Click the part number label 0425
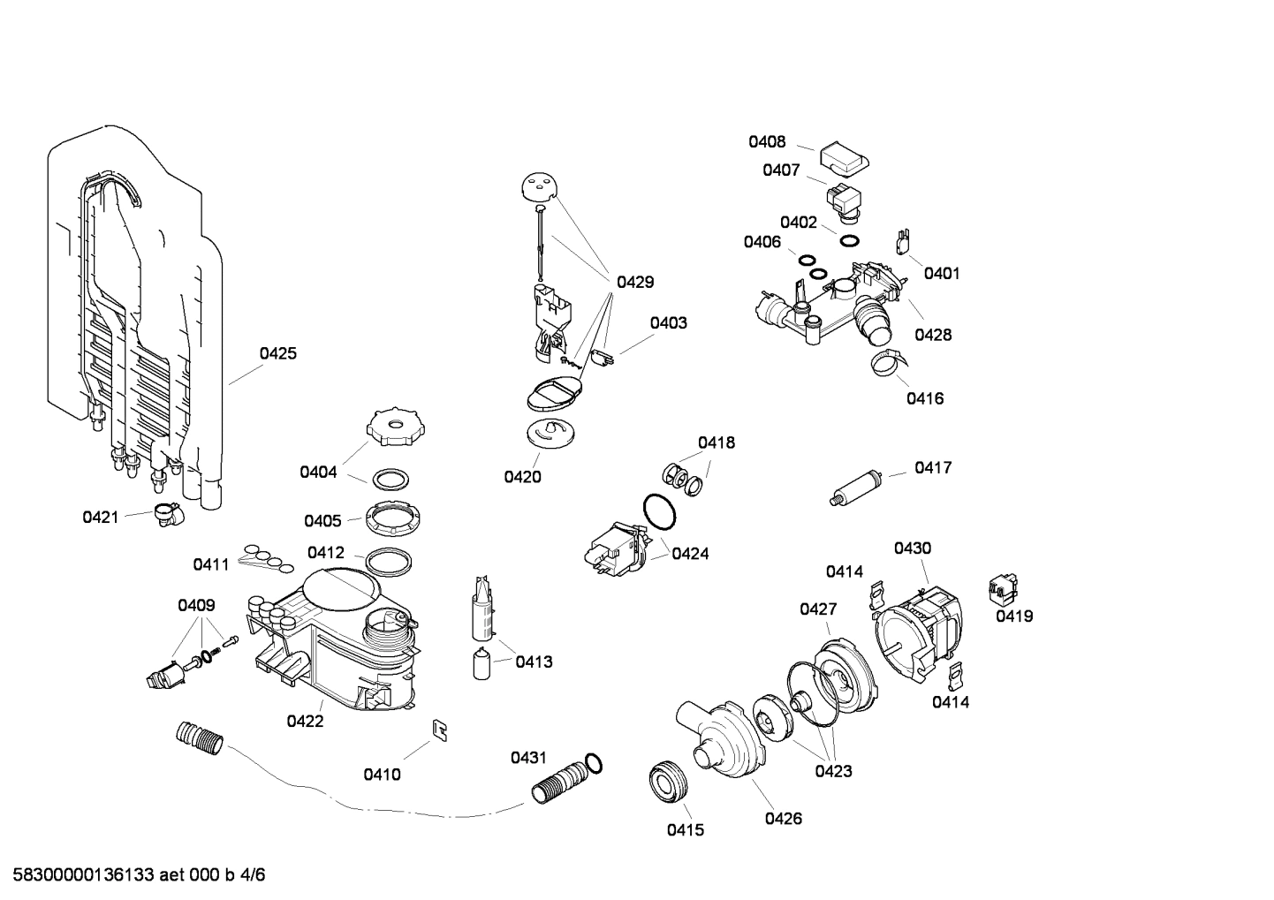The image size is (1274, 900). (277, 353)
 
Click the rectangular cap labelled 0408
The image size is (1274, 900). (845, 158)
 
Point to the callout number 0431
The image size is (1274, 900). (528, 758)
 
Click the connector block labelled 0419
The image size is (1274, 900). (1003, 586)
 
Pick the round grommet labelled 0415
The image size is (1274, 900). (669, 783)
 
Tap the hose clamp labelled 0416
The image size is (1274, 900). (888, 361)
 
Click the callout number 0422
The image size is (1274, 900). (305, 721)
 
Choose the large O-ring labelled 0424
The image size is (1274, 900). (658, 511)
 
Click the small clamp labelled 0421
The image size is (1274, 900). (165, 513)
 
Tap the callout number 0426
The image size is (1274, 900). (783, 818)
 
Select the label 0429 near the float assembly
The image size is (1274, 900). (635, 283)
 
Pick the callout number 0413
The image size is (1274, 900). (534, 662)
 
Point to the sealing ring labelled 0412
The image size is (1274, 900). (388, 562)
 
